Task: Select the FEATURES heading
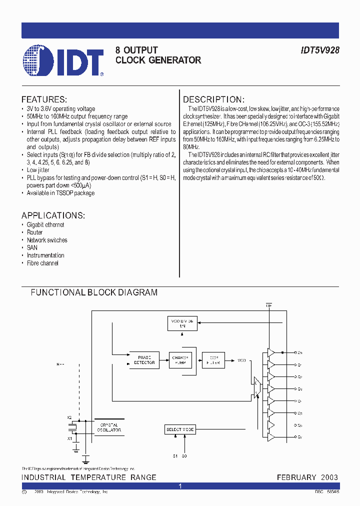tap(44, 99)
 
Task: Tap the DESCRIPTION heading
tap(213, 99)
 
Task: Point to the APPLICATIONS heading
tap(53, 215)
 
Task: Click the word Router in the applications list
tap(35, 232)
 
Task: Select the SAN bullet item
tap(32, 247)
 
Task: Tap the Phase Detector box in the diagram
tap(144, 360)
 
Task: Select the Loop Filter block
tap(213, 360)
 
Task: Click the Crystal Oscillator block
tap(109, 427)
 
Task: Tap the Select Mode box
tap(180, 429)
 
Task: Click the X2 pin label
tap(69, 416)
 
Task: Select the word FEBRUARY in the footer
tap(296, 477)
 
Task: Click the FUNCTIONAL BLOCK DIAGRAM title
tap(94, 292)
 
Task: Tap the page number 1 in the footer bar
tap(180, 486)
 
